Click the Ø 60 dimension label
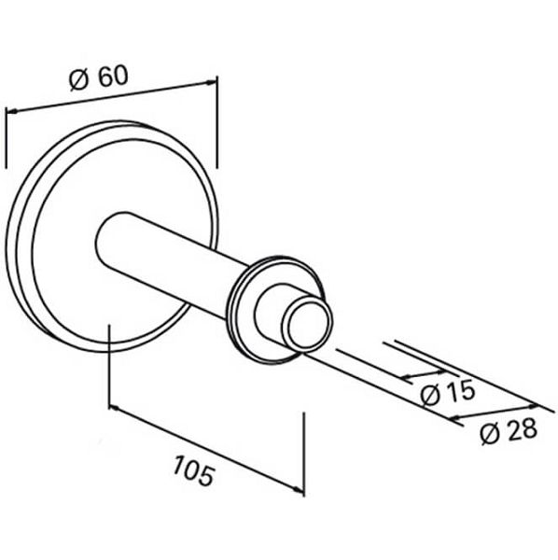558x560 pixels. (x=99, y=77)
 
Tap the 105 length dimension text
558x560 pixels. (x=195, y=470)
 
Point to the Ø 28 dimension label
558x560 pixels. (x=508, y=430)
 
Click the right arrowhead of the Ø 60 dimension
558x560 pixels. (x=211, y=82)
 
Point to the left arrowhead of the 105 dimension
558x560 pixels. (x=114, y=408)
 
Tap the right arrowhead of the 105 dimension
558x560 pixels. (x=299, y=490)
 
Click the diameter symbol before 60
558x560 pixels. (x=78, y=80)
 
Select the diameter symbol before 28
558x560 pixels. (x=489, y=435)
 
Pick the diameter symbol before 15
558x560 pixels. (x=430, y=396)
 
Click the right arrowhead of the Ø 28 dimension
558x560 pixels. (x=532, y=406)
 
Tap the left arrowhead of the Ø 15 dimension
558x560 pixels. (x=406, y=376)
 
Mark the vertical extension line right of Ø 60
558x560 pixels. (x=216, y=121)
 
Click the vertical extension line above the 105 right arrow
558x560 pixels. (x=304, y=454)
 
